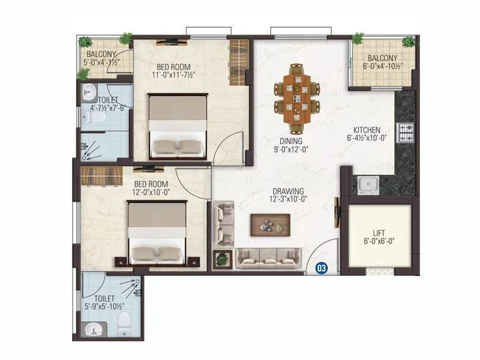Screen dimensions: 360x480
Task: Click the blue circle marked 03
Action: pyautogui.click(x=322, y=269)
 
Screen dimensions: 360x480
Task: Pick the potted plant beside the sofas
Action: pyautogui.click(x=223, y=259)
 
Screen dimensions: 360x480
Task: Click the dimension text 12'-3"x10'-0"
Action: pyautogui.click(x=287, y=199)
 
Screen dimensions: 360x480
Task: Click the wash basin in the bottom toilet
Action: pyautogui.click(x=93, y=329)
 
